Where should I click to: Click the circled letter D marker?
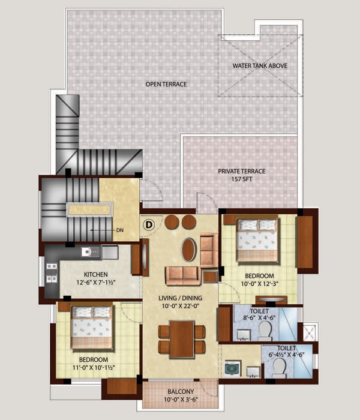click(x=149, y=224)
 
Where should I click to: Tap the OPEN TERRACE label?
click(x=166, y=84)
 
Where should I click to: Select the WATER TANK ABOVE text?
click(x=260, y=65)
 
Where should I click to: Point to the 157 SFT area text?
click(x=242, y=179)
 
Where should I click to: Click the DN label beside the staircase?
click(x=120, y=230)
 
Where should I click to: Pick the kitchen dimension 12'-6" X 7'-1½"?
click(x=96, y=283)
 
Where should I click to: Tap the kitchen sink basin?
click(x=86, y=252)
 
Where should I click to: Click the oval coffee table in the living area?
click(x=188, y=250)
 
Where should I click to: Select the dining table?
click(x=182, y=339)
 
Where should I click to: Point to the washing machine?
click(x=232, y=369)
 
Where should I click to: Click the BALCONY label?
click(x=181, y=392)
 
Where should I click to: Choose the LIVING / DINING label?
click(x=180, y=298)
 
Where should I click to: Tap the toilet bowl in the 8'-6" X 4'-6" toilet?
click(x=265, y=331)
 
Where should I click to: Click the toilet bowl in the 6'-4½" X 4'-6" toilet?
click(x=279, y=368)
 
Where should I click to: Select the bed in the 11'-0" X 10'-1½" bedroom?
click(x=92, y=328)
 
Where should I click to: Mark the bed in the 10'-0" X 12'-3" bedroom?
click(x=257, y=240)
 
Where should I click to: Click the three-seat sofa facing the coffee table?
click(x=183, y=275)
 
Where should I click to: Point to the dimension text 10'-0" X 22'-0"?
click(x=181, y=306)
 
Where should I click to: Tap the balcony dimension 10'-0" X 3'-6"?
click(x=181, y=400)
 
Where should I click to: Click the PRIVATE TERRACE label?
click(x=242, y=171)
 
